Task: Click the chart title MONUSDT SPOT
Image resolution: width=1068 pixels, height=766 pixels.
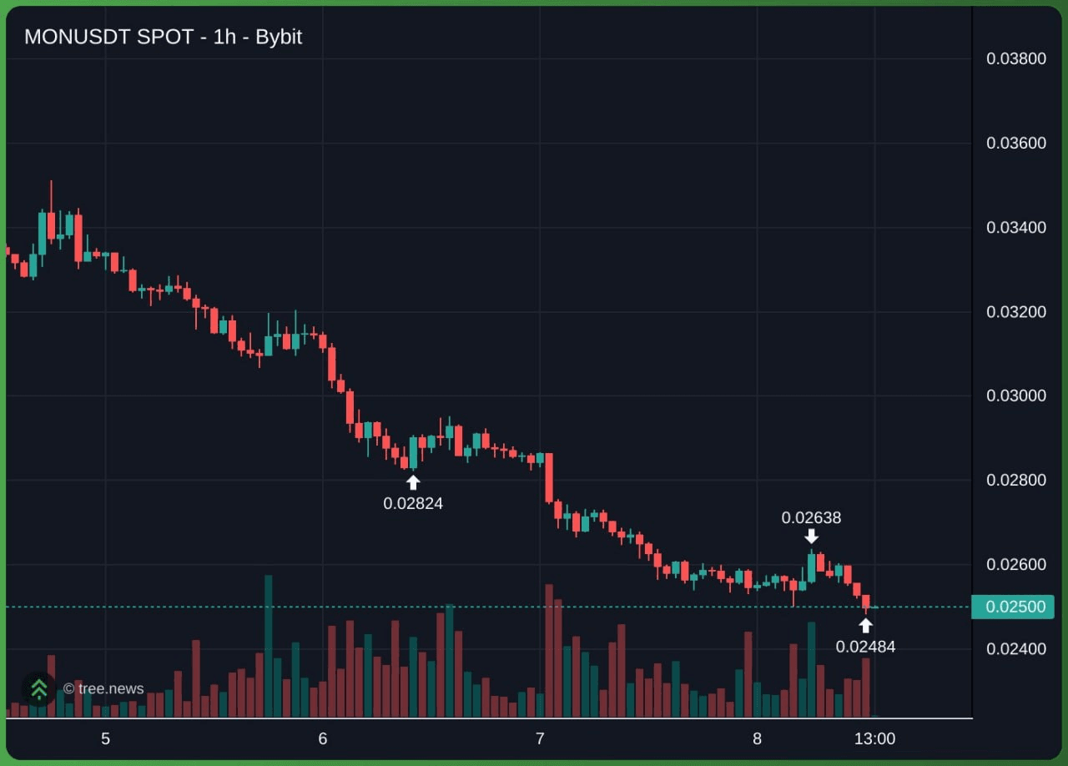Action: (108, 38)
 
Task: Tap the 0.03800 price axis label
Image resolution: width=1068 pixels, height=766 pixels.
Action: (1016, 58)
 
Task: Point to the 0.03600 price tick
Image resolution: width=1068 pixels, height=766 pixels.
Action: (1016, 143)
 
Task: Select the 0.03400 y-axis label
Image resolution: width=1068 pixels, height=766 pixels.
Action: (1016, 228)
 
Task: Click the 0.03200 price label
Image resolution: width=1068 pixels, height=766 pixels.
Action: (1016, 312)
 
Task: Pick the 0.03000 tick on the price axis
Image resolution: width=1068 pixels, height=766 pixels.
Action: (1016, 396)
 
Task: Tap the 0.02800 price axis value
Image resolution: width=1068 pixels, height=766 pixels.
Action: (1016, 481)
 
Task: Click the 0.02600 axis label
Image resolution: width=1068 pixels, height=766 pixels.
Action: (1016, 565)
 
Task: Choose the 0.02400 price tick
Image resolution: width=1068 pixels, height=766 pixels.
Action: (1016, 649)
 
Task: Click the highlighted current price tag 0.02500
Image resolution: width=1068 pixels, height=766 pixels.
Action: (1013, 607)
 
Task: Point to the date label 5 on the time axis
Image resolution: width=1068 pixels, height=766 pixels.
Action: (105, 738)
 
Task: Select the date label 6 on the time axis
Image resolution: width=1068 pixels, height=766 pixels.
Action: (323, 738)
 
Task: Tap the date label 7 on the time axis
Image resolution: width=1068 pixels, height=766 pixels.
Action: (540, 738)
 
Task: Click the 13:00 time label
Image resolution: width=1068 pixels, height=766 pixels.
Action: (874, 738)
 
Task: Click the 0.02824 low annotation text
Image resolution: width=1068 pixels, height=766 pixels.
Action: (413, 504)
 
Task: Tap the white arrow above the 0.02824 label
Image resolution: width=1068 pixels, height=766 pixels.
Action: (413, 482)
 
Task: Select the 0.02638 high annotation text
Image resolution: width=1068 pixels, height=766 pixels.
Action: (811, 518)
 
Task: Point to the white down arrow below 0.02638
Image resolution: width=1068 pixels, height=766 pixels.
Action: (812, 536)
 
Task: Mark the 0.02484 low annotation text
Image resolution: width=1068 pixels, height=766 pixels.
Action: (865, 648)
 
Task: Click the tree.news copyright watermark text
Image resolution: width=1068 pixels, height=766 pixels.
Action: (103, 688)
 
